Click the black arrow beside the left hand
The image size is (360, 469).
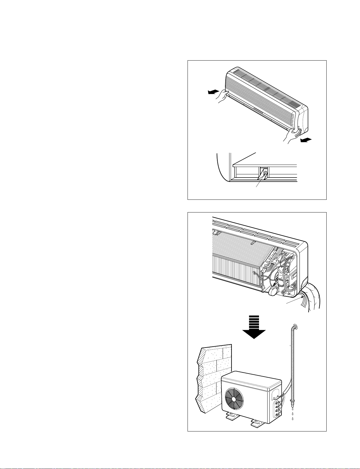[213, 92]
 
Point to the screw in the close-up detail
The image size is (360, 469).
[265, 173]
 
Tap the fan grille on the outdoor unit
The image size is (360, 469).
[234, 398]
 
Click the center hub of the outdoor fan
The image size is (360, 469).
[234, 399]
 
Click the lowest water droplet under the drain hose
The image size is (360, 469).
[292, 419]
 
